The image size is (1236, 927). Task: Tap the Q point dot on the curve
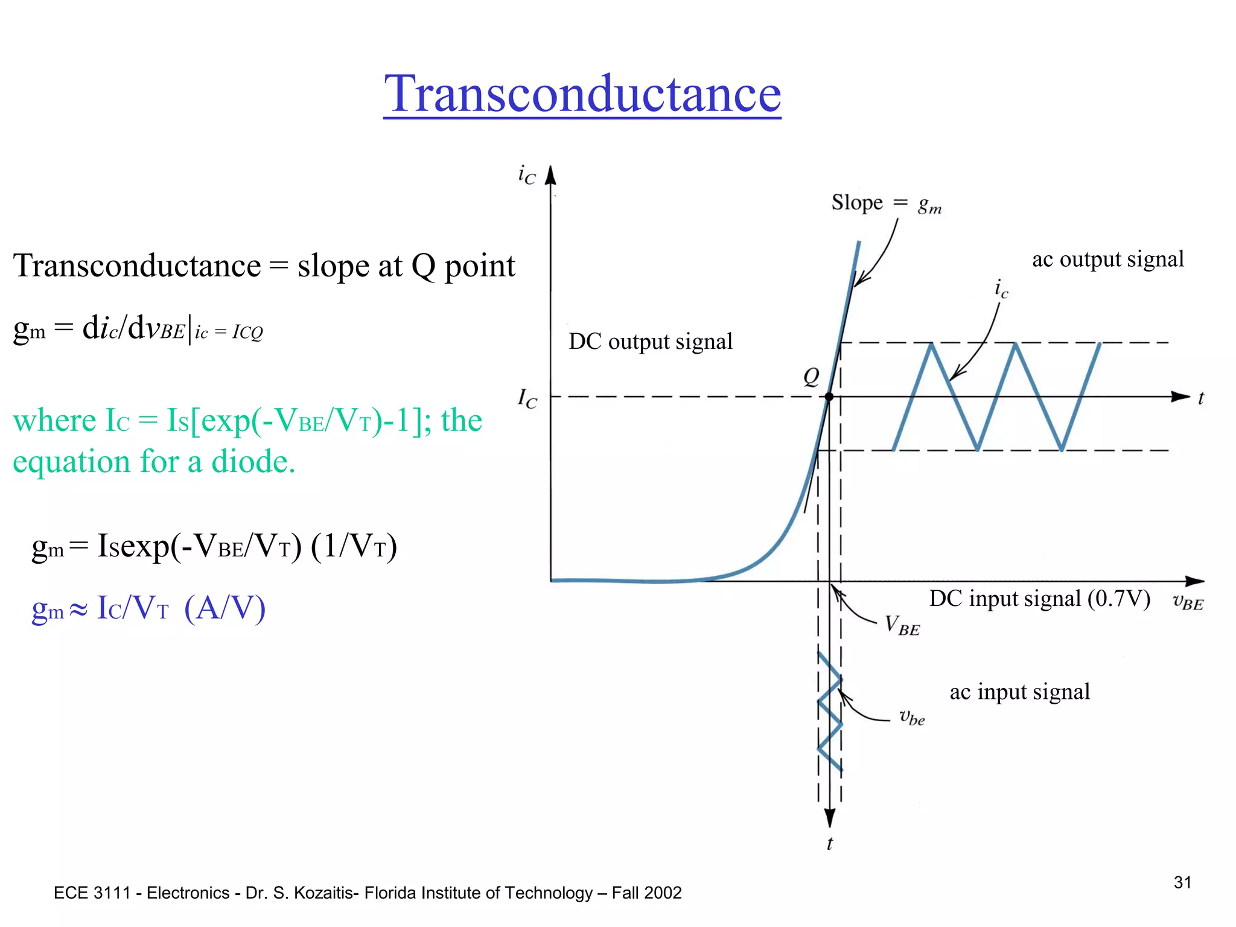point(829,397)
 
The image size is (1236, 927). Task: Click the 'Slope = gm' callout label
point(886,203)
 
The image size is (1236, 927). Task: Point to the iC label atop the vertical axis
point(527,175)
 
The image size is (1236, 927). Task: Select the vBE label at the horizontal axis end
point(1188,602)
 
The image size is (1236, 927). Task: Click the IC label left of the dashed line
point(527,398)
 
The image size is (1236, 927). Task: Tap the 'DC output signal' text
point(651,342)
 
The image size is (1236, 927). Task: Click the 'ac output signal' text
point(1107,260)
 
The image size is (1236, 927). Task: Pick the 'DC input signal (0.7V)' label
point(1039,599)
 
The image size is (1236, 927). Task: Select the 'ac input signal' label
point(1019,692)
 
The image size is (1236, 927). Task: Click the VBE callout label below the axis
point(902,625)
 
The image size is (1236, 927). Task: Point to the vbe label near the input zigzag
point(912,718)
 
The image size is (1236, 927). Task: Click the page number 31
point(1182,882)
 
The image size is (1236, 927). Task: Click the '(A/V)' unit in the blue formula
point(225,608)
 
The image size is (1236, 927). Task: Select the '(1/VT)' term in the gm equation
point(354,546)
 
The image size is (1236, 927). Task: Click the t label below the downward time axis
point(830,844)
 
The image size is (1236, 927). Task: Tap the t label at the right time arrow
point(1200,398)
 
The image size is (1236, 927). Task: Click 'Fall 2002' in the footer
point(646,893)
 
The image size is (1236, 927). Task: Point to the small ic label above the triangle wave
point(1001,288)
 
